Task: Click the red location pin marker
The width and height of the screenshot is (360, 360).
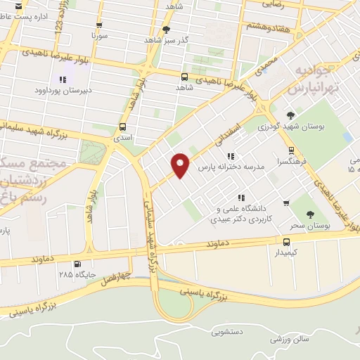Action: [x=181, y=165]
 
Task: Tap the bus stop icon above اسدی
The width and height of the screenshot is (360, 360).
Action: [x=124, y=127]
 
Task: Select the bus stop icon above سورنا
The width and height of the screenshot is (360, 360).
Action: [x=98, y=22]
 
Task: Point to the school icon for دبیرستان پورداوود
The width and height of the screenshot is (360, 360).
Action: [x=63, y=79]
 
